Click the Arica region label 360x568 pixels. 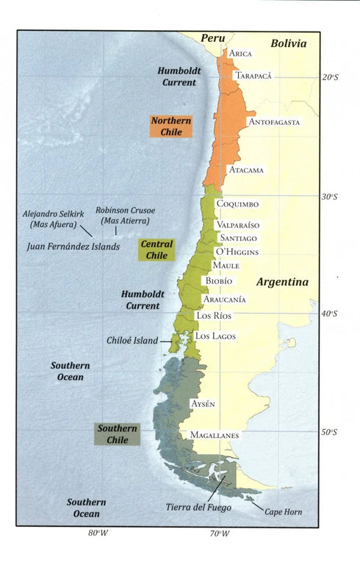pyautogui.click(x=241, y=54)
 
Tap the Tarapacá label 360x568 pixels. pyautogui.click(x=254, y=76)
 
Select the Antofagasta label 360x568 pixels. pyautogui.click(x=274, y=122)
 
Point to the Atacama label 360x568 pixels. pyautogui.click(x=246, y=170)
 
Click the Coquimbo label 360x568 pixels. pyautogui.click(x=238, y=204)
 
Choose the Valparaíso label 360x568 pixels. pyautogui.click(x=237, y=225)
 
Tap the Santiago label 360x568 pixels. pyautogui.click(x=236, y=238)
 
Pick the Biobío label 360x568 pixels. pyautogui.click(x=219, y=281)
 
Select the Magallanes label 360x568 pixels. pyautogui.click(x=215, y=435)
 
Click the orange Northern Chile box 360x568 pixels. pyautogui.click(x=170, y=126)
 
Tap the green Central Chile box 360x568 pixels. pyautogui.click(x=157, y=249)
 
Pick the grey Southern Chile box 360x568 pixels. pyautogui.click(x=118, y=434)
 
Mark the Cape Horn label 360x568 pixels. pyautogui.click(x=283, y=511)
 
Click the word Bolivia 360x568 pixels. pyautogui.click(x=288, y=43)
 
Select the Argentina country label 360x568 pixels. pyautogui.click(x=282, y=282)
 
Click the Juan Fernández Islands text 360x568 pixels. pyautogui.click(x=73, y=247)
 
